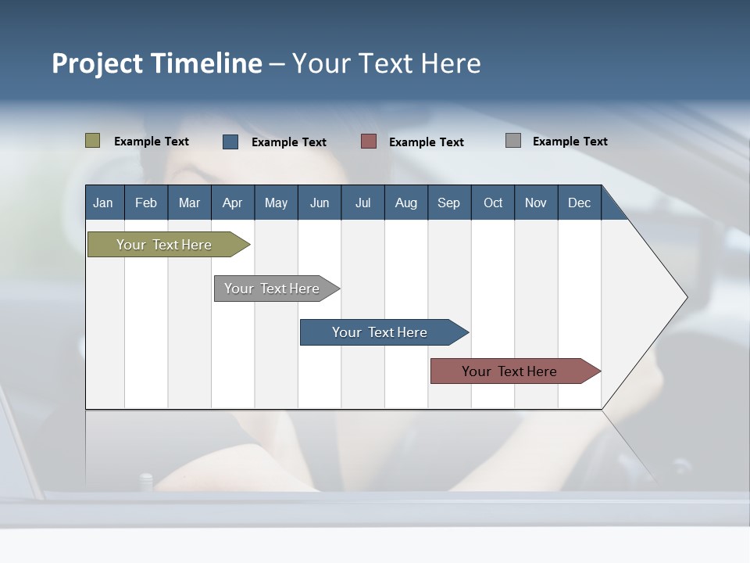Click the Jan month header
pos(103,203)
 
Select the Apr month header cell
pos(232,203)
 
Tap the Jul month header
pos(362,203)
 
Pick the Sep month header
pos(448,203)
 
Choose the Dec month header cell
pos(579,203)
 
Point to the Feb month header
pos(146,203)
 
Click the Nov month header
pos(535,203)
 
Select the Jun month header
pos(319,203)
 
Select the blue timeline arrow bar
pos(380,332)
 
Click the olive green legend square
pos(93,141)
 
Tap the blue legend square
pos(230,142)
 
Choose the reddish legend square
pos(369,141)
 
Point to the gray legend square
pos(513,141)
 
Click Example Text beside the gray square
pos(570,142)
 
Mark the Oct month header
pos(492,203)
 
